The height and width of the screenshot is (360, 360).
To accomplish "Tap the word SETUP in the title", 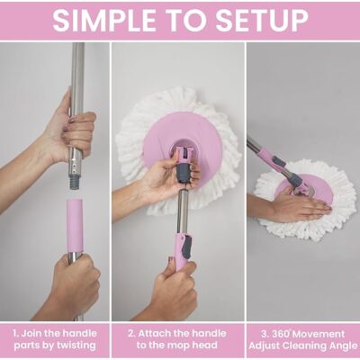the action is [262, 20].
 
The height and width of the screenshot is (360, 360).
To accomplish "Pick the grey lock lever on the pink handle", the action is [188, 247].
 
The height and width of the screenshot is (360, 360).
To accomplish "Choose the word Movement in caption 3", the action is [318, 334].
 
